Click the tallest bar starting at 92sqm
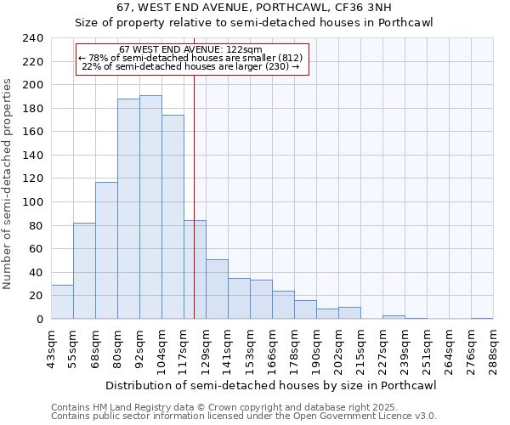click(x=150, y=207)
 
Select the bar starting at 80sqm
click(x=128, y=209)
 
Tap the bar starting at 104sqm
click(x=173, y=217)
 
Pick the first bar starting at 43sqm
click(x=62, y=302)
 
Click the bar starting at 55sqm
click(x=84, y=271)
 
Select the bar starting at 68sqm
click(x=106, y=251)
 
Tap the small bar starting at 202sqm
click(x=349, y=313)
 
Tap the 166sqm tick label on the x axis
click(x=272, y=350)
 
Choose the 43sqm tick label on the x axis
click(x=51, y=350)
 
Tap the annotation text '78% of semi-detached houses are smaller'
click(x=191, y=58)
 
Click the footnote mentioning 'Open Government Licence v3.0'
click(x=244, y=416)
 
